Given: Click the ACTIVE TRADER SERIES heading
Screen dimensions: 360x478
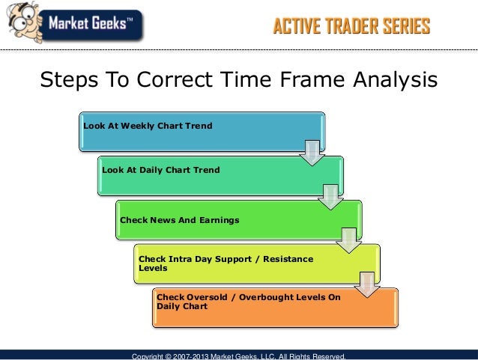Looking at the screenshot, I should (351, 28).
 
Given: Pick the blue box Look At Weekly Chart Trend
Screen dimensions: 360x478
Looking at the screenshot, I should (202, 132).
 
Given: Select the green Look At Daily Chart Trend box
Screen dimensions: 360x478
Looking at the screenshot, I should (220, 176).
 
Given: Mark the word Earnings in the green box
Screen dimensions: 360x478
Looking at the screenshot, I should (216, 220).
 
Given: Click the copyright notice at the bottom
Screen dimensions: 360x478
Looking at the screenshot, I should (238, 356).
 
